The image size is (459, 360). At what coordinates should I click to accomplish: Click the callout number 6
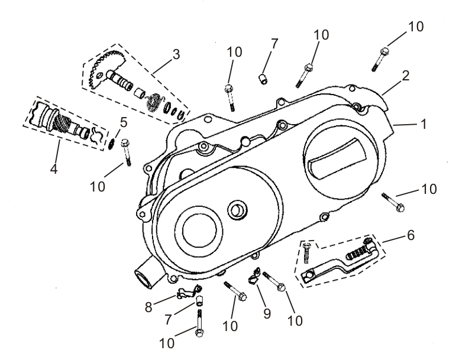(x=410, y=236)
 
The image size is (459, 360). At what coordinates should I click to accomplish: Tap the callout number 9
(x=267, y=313)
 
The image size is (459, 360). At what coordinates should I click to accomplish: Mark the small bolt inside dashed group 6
(x=306, y=253)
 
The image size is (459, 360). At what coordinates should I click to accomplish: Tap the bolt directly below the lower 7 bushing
(x=200, y=324)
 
